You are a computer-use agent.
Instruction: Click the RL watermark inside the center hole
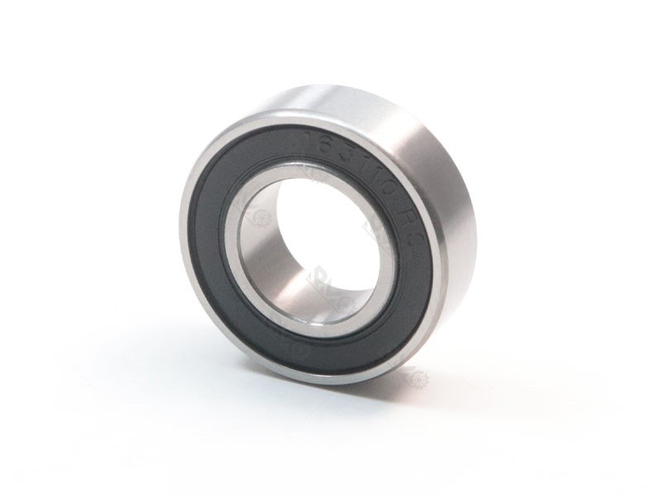point(318,273)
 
